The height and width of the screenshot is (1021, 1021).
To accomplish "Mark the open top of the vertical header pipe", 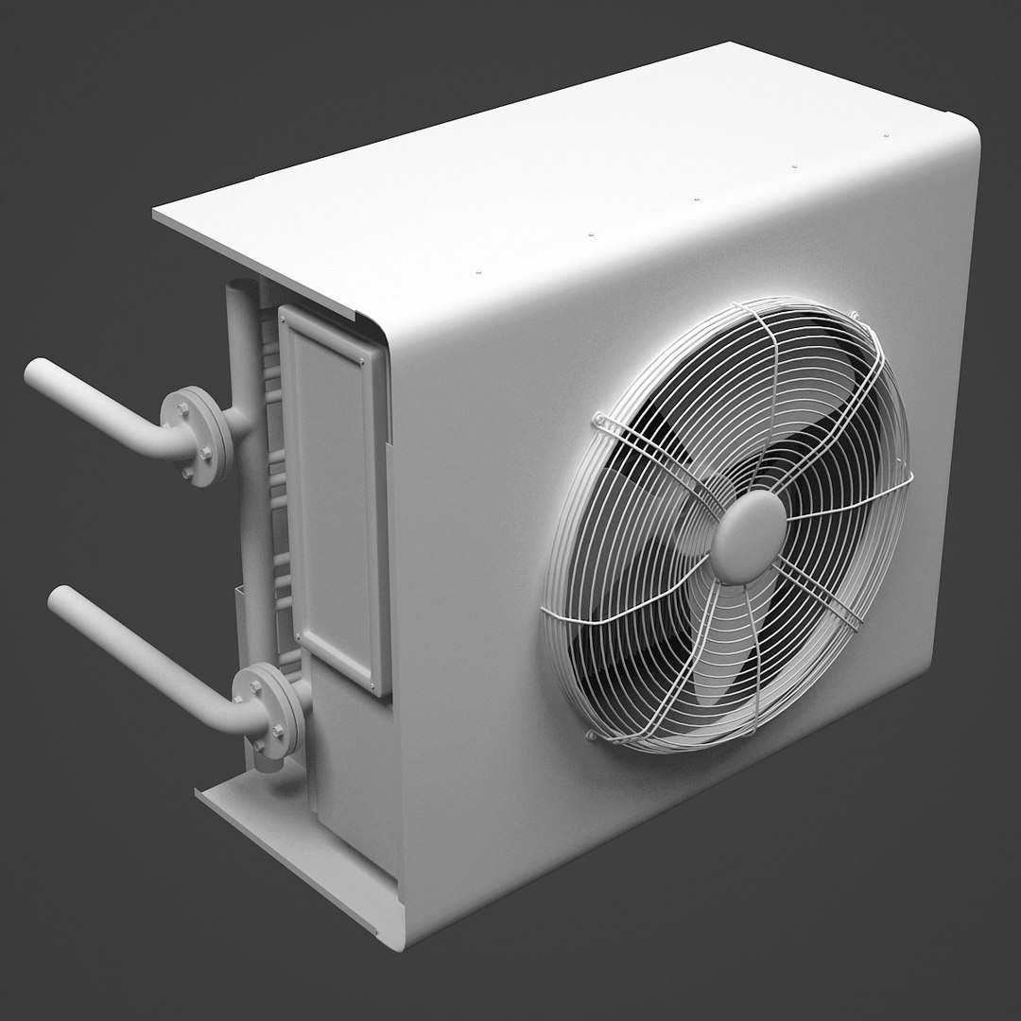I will coord(244,286).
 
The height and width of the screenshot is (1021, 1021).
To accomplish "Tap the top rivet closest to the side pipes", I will coord(479,271).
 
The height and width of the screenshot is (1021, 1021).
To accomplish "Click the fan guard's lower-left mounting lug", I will coord(594,734).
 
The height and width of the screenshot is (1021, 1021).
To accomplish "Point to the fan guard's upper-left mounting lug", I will coord(597,418).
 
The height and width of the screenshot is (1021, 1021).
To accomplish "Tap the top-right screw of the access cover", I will coord(362,359).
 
